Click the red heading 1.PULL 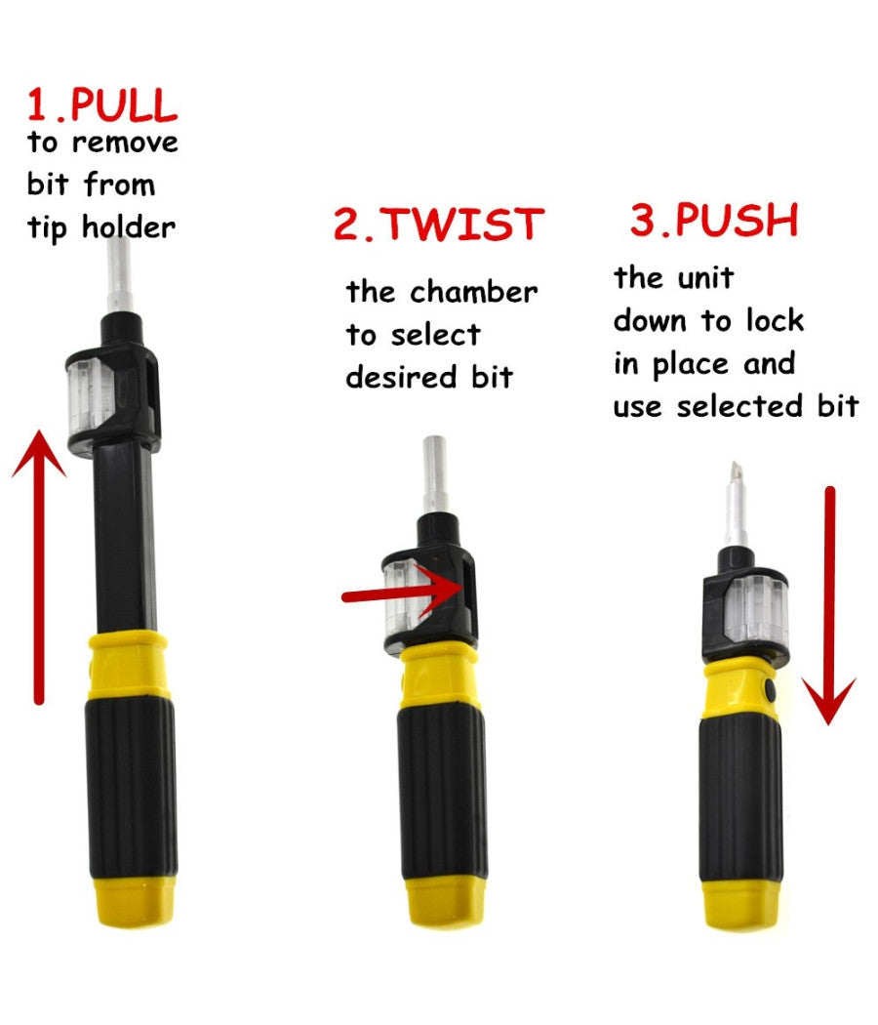101,104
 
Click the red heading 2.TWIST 437,224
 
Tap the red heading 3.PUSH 713,221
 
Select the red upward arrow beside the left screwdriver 39,566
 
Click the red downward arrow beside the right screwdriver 829,605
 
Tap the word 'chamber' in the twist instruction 473,292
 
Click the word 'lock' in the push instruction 775,320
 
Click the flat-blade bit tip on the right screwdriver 735,488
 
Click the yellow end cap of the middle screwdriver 440,903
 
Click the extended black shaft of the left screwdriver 126,547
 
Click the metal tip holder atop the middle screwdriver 434,473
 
